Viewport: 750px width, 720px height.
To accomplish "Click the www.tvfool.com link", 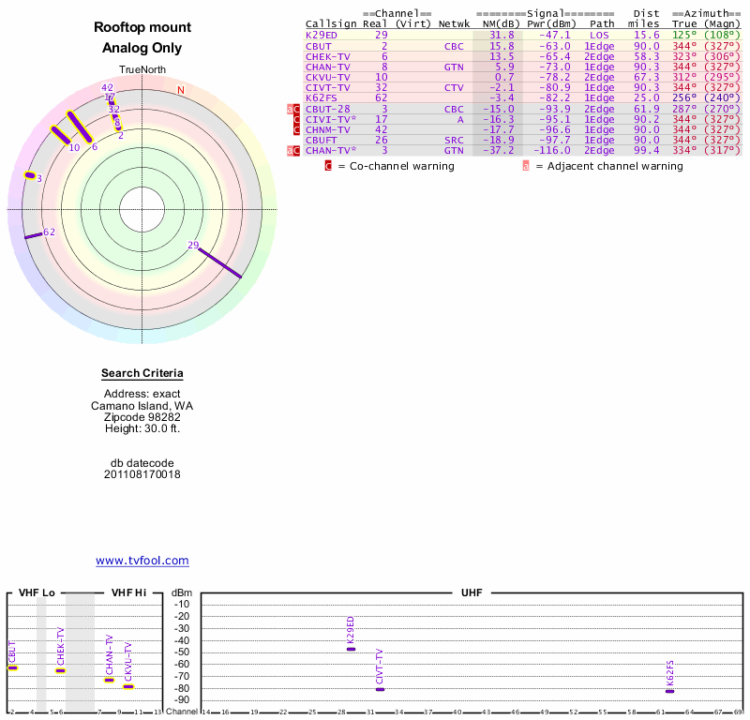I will [142, 561].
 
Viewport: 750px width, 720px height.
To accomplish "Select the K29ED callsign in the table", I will [322, 35].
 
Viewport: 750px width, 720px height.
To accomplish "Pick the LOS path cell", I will [599, 35].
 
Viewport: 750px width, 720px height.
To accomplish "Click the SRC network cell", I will [454, 140].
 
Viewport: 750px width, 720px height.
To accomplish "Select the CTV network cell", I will [454, 87].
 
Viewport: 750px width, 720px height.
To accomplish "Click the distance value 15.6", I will [647, 35].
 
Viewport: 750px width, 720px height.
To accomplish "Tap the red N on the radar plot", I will [181, 90].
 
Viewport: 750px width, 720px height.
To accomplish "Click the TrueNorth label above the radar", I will [142, 69].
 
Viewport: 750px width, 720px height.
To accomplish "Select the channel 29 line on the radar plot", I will [221, 263].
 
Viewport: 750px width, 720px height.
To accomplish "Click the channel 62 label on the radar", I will [50, 232].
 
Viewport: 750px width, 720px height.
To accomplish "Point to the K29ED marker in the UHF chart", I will [352, 649].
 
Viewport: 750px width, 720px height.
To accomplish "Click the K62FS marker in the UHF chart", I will [670, 691].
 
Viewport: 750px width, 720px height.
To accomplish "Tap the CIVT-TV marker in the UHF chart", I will [380, 689].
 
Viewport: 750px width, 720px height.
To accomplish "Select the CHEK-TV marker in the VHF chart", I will [61, 670].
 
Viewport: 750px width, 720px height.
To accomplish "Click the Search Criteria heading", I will [142, 374].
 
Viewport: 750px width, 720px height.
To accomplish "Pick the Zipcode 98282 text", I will [142, 417].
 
